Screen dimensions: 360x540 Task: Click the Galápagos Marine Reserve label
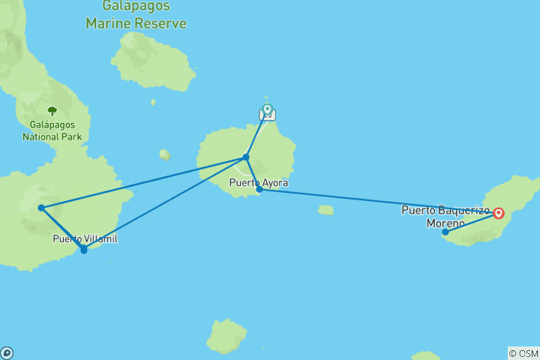[x=136, y=16]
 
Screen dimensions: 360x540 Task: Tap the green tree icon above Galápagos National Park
[x=52, y=111]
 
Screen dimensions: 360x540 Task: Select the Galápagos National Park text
[x=52, y=130]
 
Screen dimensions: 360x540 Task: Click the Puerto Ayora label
[x=259, y=182]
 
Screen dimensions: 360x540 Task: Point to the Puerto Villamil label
[x=85, y=238]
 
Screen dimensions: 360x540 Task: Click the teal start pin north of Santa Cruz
[x=267, y=110]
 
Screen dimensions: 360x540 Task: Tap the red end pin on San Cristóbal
[x=499, y=213]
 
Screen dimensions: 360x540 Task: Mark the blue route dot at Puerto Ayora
[x=259, y=190]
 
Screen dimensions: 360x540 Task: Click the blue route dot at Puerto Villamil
[x=83, y=250]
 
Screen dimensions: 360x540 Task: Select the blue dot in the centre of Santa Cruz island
[x=245, y=157]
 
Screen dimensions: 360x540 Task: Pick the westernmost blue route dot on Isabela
[x=41, y=208]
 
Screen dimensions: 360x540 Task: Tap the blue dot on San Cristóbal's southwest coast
[x=445, y=232]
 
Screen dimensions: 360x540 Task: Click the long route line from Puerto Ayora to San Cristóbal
[x=375, y=201]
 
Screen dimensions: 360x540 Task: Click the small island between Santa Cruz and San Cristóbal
[x=325, y=210]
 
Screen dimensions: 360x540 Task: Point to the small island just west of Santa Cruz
[x=165, y=154]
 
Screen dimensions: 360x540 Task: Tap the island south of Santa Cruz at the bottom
[x=226, y=337]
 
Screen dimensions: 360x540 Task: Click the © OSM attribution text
[x=523, y=353]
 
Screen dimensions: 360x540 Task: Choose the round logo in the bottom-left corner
[x=6, y=353]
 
